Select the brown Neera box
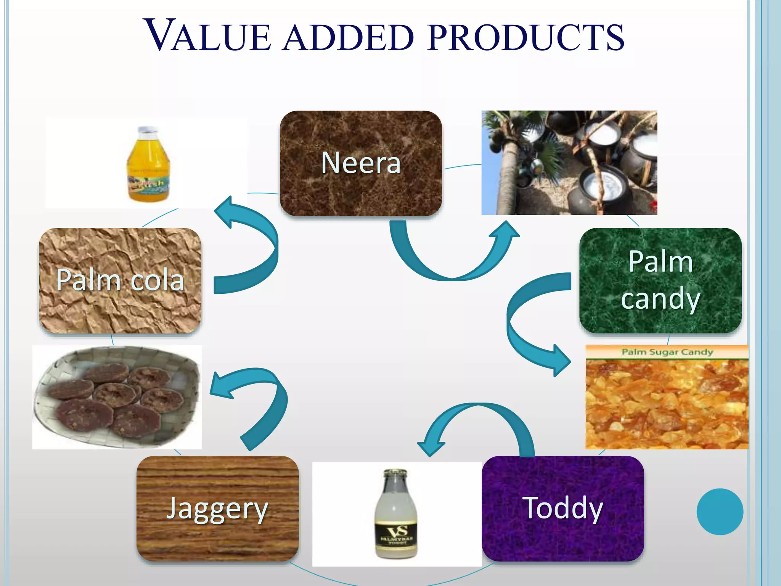361,163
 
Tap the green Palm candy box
660,280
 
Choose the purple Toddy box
563,508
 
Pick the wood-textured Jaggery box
217,508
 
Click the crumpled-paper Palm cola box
120,280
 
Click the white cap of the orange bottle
148,130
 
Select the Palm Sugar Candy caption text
667,352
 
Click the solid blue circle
720,512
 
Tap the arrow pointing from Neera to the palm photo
454,263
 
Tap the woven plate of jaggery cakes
117,397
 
